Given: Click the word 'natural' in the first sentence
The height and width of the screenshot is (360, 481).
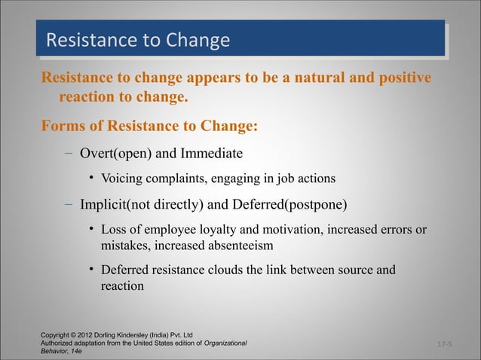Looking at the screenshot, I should pos(326,78).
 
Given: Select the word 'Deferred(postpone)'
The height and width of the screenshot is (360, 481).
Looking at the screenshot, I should pos(294,204).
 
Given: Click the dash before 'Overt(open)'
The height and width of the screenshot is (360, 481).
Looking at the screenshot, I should pos(68,154).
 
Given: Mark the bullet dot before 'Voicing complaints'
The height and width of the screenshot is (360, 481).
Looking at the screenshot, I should pos(91,179).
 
